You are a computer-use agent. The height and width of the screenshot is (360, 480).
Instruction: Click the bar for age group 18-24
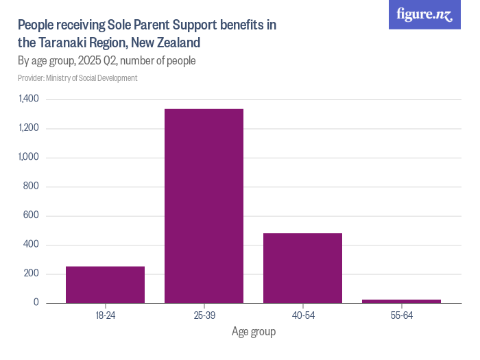point(105,285)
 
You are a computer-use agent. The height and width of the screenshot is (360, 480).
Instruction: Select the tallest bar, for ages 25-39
point(204,206)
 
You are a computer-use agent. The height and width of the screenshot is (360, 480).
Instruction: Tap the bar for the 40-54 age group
point(302,268)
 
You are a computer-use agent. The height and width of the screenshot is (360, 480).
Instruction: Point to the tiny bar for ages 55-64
point(401,301)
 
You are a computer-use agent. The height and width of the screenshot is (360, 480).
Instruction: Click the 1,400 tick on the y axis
point(29,99)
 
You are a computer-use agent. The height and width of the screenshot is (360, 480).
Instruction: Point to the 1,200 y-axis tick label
point(29,128)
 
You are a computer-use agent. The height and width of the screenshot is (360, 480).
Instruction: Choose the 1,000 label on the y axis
point(29,158)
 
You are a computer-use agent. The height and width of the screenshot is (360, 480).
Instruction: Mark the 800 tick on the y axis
point(32,187)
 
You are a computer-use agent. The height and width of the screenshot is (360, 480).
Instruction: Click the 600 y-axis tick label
point(32,216)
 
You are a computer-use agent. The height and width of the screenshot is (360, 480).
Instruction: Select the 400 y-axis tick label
point(32,245)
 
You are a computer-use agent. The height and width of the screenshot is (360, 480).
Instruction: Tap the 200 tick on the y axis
point(32,274)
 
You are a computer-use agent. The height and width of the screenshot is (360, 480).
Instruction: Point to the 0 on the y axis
point(36,303)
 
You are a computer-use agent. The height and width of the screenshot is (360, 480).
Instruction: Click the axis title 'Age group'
point(253,332)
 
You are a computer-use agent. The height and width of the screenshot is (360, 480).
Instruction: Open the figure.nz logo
point(424,15)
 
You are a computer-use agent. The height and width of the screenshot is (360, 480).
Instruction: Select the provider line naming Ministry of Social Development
point(77,78)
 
